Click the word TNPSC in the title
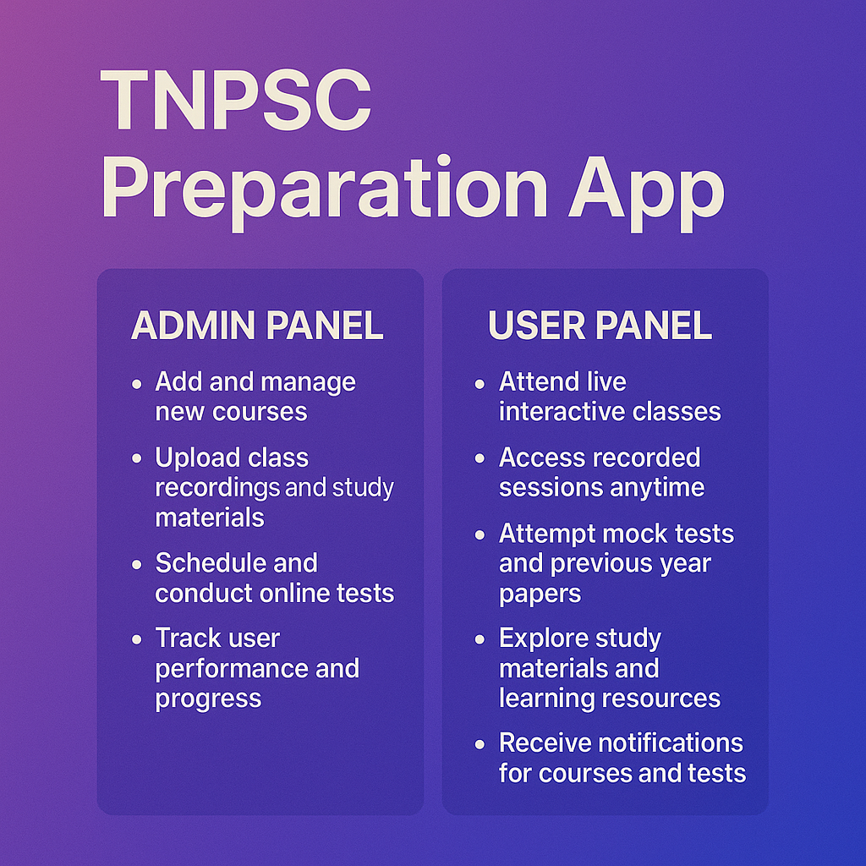(236, 100)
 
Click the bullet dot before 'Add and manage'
(137, 384)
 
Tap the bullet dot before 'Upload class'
(137, 459)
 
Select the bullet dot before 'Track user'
(137, 639)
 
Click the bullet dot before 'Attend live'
(480, 384)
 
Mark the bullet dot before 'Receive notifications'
(480, 745)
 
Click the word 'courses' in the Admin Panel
(264, 412)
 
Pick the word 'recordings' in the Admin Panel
(217, 488)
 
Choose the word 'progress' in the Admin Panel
(208, 699)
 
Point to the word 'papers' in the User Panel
(540, 594)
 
